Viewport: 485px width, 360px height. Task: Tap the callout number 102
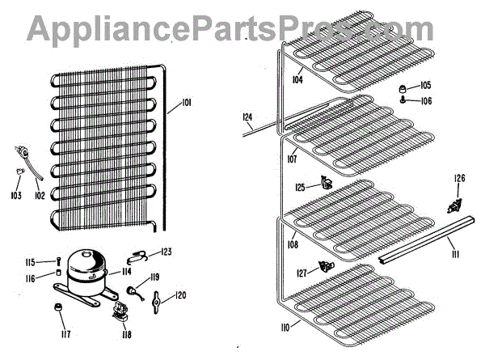[40, 194]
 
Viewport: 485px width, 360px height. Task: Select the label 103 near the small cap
[16, 195]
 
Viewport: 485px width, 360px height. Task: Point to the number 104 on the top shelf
[297, 80]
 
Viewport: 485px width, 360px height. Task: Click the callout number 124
[248, 116]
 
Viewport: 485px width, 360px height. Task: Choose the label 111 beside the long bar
[455, 255]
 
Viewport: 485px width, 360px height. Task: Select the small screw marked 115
[59, 260]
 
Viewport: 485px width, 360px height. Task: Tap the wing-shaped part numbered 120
[157, 300]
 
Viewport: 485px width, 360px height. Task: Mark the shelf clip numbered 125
[325, 184]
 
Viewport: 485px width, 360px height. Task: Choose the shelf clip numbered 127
[327, 266]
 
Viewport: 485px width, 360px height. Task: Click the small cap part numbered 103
[18, 171]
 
